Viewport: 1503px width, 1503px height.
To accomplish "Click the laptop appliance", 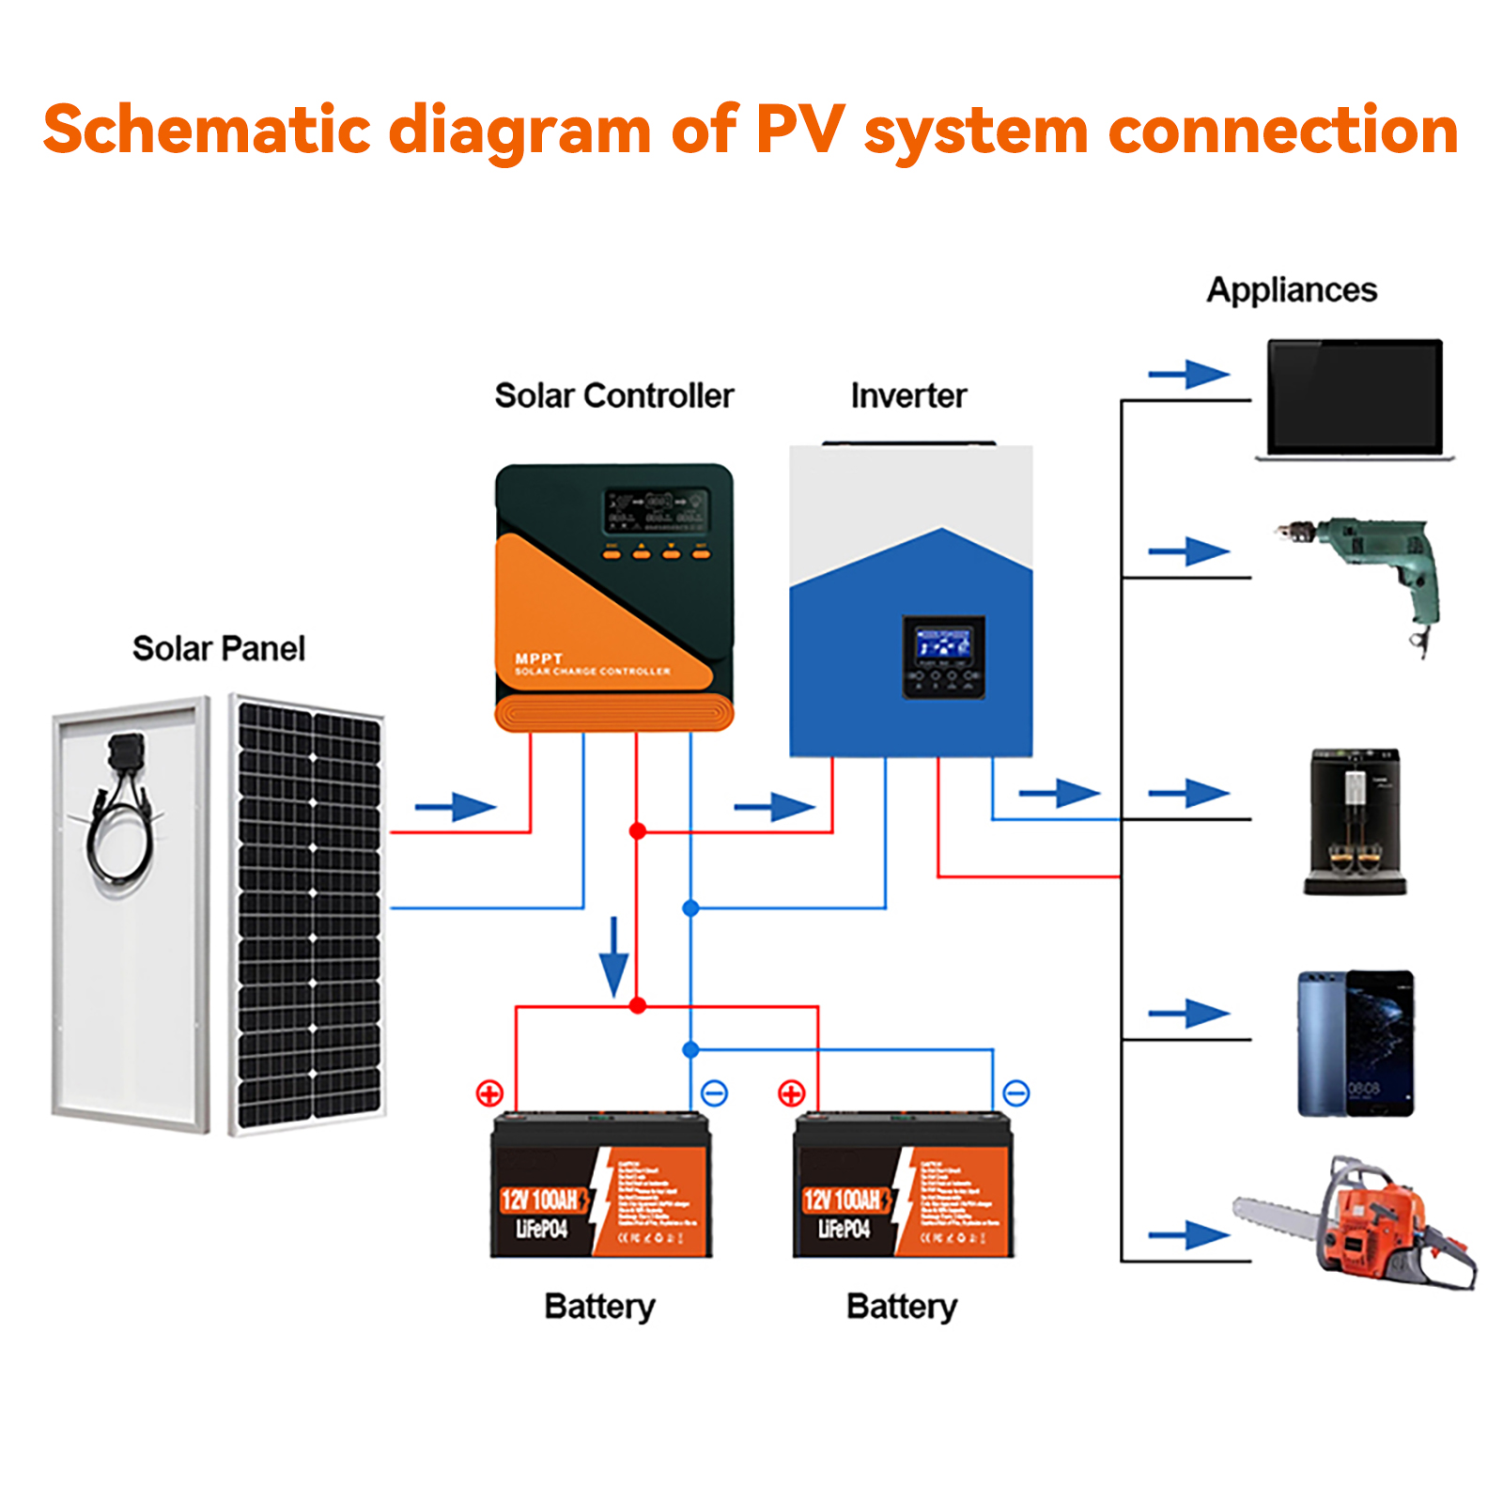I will pyautogui.click(x=1354, y=399).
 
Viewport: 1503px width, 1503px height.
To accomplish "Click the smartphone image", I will pyautogui.click(x=1356, y=1043).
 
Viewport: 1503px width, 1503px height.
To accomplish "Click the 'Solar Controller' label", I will pyautogui.click(x=613, y=395).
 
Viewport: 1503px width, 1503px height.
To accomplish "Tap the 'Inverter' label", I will pyautogui.click(x=907, y=395).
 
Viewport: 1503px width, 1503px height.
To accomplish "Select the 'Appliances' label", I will pyautogui.click(x=1291, y=289).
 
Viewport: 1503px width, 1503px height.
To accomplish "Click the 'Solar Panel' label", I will pyautogui.click(x=218, y=648).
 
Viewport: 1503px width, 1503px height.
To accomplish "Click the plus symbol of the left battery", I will pyautogui.click(x=489, y=1093).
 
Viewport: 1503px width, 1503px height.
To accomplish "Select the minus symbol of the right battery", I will pyautogui.click(x=1016, y=1093).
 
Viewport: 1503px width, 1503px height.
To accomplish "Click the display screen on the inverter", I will pyautogui.click(x=943, y=645).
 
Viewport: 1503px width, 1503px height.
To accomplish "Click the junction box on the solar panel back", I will pyautogui.click(x=126, y=751).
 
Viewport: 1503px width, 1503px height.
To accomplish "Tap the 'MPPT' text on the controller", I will pyautogui.click(x=538, y=659).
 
